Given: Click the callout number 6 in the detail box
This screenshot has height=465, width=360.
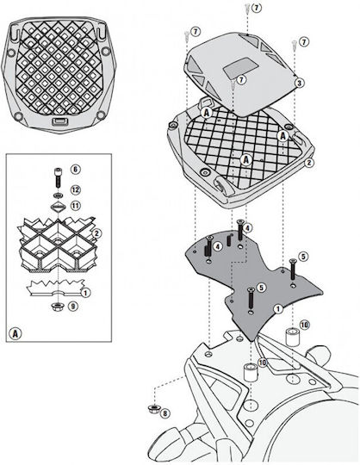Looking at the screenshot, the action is click(x=75, y=170).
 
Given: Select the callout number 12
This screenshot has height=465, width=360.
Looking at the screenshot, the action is click(x=75, y=189).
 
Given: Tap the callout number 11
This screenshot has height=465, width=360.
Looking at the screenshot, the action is click(x=75, y=205).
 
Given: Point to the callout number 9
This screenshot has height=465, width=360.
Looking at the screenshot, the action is click(x=73, y=307).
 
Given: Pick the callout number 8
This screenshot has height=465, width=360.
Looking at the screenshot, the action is click(x=165, y=413).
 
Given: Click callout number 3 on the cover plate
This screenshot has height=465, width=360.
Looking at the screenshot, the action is click(x=299, y=83).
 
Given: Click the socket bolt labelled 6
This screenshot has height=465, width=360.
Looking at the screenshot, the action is click(x=58, y=177).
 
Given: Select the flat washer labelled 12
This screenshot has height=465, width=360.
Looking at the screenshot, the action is click(x=58, y=195).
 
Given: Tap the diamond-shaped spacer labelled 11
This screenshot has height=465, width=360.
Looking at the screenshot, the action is click(x=58, y=207).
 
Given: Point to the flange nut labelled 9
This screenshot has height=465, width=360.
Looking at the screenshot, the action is click(x=57, y=307).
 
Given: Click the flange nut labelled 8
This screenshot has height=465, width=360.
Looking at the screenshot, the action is click(x=153, y=409).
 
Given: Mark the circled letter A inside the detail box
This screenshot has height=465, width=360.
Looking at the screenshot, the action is click(x=16, y=333).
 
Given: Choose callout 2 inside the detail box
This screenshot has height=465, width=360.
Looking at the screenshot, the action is click(x=96, y=233).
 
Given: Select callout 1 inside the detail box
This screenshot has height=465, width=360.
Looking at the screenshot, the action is click(x=85, y=293).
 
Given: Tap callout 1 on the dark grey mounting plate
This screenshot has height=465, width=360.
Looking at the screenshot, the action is click(x=278, y=309).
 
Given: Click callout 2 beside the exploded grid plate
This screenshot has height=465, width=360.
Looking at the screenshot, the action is click(x=308, y=162).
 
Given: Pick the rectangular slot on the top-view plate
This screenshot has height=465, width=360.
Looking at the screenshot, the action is click(x=59, y=121).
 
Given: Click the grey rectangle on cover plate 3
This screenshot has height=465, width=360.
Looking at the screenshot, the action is click(x=240, y=69).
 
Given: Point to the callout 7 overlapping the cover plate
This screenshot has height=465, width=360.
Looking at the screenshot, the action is click(x=241, y=80).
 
